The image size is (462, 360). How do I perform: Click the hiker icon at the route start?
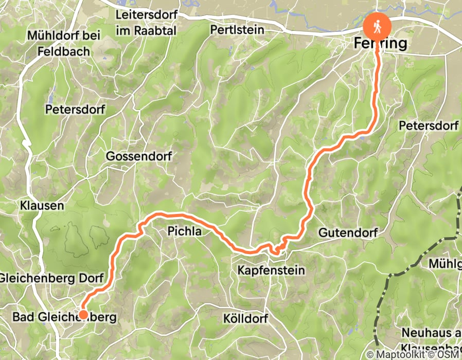(x=378, y=26)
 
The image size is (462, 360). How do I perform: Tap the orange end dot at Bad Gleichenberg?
(x=82, y=314)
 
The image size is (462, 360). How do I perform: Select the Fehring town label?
(x=380, y=44)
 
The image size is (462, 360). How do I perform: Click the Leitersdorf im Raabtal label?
(x=146, y=23)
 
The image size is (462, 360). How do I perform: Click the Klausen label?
(x=42, y=206)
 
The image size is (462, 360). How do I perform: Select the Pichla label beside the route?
(x=184, y=232)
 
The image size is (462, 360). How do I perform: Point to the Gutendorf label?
(x=348, y=233)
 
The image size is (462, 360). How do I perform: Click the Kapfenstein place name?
(x=271, y=269)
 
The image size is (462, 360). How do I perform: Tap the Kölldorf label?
(x=246, y=318)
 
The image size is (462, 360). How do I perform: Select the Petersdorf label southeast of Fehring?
(x=429, y=125)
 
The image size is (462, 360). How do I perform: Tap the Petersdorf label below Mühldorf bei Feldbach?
(x=75, y=109)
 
